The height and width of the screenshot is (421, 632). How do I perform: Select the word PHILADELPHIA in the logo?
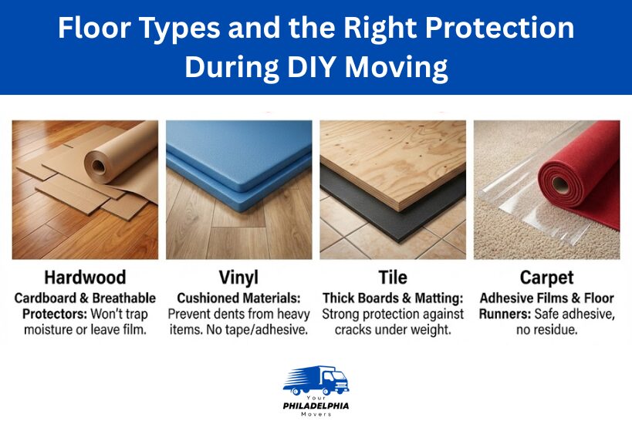pos(316,405)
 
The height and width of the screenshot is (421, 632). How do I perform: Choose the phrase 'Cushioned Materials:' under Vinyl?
pos(238,298)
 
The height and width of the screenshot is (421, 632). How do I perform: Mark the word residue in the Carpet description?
pos(564,329)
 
